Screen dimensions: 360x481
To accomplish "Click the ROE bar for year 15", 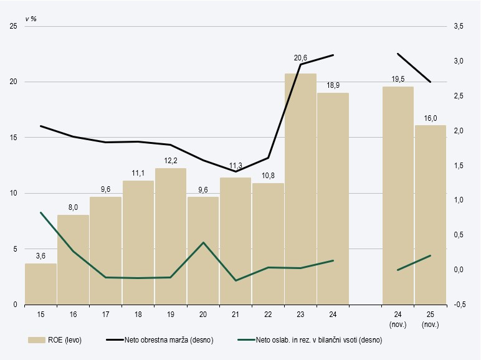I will click(x=40, y=284).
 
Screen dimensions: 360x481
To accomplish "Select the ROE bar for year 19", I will click(x=171, y=237).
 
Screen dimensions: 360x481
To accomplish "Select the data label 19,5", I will click(x=398, y=78).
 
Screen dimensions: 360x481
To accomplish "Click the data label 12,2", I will click(x=171, y=160).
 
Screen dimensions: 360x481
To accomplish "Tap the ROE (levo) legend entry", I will click(x=55, y=340).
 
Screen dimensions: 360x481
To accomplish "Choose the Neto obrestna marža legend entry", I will click(x=160, y=340).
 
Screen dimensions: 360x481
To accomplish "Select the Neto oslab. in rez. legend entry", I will click(x=310, y=340).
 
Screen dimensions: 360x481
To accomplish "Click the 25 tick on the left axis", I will click(x=12, y=26).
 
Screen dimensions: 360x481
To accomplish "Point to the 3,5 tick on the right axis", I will click(x=459, y=26).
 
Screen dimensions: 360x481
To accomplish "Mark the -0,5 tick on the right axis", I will click(x=459, y=305).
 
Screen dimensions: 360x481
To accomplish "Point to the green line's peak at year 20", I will click(x=203, y=242).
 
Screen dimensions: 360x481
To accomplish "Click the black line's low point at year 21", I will click(x=236, y=171).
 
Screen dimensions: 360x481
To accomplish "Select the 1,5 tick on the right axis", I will click(x=459, y=166).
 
